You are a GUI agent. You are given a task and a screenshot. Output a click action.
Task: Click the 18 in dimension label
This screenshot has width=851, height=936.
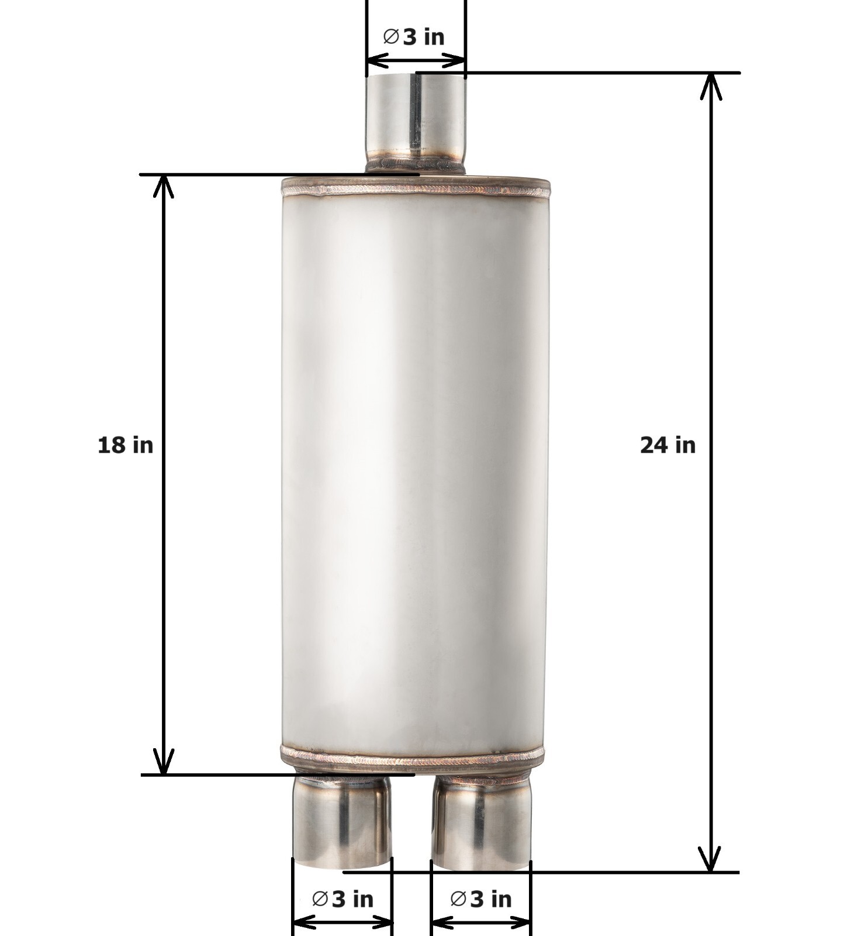(125, 445)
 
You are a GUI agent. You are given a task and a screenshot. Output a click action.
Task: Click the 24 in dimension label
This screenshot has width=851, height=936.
(668, 445)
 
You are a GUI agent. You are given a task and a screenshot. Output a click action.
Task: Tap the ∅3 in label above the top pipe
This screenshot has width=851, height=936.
(413, 37)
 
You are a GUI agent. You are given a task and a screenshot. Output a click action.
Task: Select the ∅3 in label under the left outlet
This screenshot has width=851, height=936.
(343, 899)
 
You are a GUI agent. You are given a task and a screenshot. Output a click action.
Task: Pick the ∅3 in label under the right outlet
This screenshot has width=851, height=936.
(481, 899)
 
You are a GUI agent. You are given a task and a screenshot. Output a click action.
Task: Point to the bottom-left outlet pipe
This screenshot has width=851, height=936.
(342, 822)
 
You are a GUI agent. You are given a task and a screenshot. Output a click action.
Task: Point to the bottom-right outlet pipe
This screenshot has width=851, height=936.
(481, 822)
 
